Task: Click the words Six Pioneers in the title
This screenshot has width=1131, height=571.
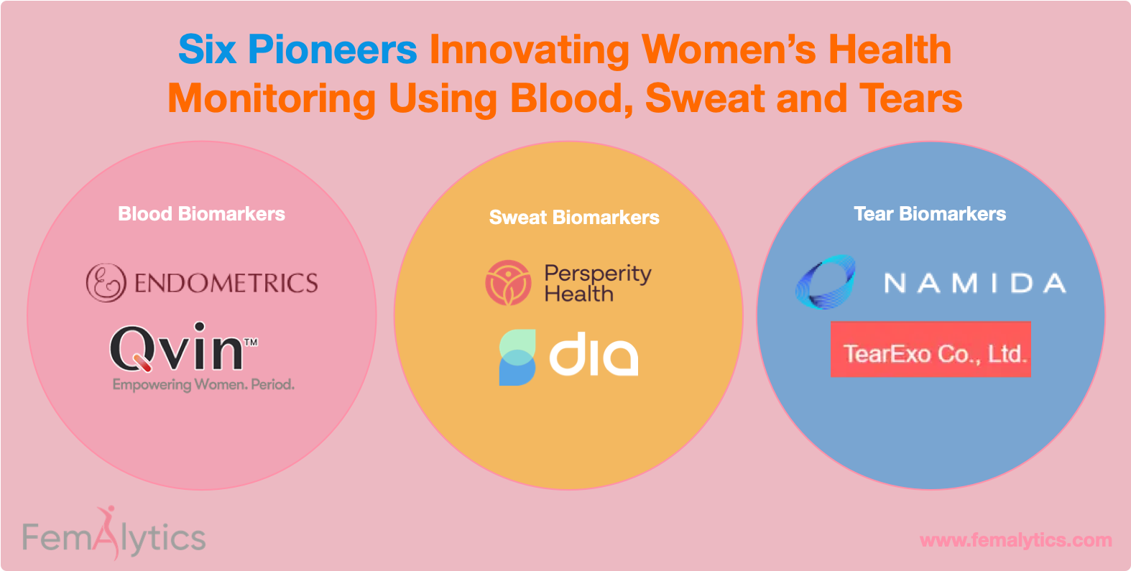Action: point(297,50)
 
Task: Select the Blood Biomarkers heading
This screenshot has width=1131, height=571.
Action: point(201,214)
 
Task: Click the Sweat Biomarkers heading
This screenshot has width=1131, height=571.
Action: point(573,218)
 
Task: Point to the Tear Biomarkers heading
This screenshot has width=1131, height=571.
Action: point(929,214)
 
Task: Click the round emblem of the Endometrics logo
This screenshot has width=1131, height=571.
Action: point(106,282)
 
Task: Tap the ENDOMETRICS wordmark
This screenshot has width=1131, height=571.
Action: point(226,283)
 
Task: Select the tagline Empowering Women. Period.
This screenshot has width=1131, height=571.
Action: point(203,385)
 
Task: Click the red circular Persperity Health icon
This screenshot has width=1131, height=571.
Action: point(508,283)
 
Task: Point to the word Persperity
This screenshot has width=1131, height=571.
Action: point(597,274)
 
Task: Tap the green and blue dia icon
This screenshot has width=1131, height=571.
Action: point(517,358)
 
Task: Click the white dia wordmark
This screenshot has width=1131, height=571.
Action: point(594,355)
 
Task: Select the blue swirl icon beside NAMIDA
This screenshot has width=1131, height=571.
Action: point(826,282)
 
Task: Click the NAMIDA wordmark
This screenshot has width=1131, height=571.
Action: point(974,283)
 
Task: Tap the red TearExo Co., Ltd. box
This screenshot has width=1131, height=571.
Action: point(931,350)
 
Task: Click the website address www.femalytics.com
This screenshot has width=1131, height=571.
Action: point(1015,540)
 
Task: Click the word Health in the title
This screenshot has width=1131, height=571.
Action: point(890,50)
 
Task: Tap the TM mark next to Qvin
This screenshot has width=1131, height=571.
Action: point(251,343)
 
